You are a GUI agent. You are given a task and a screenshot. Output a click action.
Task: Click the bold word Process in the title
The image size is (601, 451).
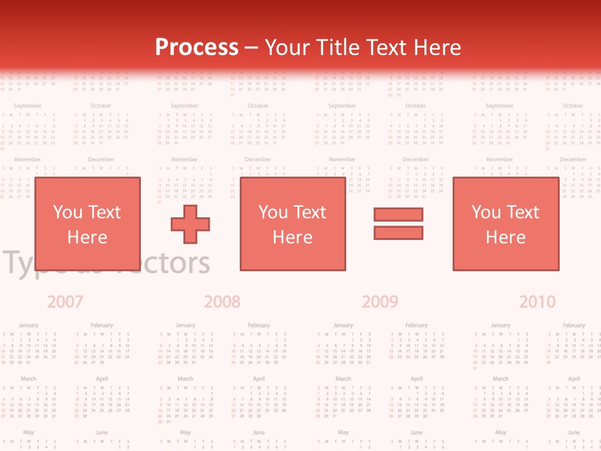[x=197, y=48]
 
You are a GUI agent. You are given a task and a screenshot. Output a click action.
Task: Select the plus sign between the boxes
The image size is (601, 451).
[x=190, y=223]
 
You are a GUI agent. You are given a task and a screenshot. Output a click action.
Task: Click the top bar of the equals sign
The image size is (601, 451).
[x=398, y=214]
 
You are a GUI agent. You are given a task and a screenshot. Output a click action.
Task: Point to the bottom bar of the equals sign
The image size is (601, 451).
[x=398, y=232]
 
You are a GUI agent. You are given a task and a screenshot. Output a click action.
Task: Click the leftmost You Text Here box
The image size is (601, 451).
[x=87, y=224]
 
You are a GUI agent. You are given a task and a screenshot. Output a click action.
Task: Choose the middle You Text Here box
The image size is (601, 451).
[x=292, y=224]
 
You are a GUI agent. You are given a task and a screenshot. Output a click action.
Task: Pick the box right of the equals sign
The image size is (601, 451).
[x=505, y=224]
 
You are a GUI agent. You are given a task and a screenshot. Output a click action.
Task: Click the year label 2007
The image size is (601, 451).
[x=65, y=302]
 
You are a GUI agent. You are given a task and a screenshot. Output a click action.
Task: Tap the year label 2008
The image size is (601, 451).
[x=222, y=302]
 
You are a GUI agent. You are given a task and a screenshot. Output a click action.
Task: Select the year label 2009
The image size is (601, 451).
[x=380, y=302]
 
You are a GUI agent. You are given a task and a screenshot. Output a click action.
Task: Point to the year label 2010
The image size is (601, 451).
[x=537, y=302]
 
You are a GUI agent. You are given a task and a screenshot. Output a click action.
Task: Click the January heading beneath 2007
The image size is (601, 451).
[x=28, y=326]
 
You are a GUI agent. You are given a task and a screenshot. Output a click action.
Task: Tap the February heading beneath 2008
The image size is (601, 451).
[x=259, y=326]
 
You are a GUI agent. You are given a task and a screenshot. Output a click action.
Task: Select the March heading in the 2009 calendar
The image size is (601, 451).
[x=343, y=379]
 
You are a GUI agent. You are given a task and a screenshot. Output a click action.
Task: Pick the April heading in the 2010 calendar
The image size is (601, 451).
[x=573, y=379]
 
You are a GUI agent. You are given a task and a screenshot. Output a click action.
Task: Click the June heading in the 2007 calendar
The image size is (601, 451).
[x=101, y=432]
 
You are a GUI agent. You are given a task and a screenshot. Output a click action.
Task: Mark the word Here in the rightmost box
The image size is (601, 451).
[x=505, y=237]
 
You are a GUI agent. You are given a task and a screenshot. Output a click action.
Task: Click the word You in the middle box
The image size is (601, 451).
[x=273, y=212]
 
